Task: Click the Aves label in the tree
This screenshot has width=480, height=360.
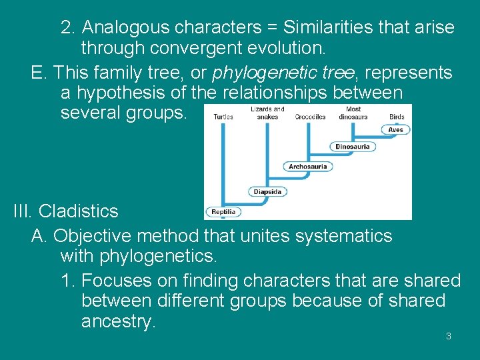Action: (396, 130)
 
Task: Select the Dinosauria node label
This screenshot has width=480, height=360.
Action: (352, 147)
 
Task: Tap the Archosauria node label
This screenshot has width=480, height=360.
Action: (307, 167)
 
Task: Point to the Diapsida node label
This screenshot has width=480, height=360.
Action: (267, 192)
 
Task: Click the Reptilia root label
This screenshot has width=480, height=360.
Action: (223, 212)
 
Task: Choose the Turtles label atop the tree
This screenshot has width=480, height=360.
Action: (223, 117)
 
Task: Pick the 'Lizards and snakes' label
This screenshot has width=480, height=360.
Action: (267, 113)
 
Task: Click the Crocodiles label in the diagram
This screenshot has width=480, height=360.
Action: (310, 117)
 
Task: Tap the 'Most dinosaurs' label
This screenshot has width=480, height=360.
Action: (353, 113)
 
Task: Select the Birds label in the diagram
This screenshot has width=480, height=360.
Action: (397, 117)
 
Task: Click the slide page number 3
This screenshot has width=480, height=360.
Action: (448, 336)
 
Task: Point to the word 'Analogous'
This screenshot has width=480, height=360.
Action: (126, 27)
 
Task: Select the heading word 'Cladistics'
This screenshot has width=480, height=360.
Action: (78, 211)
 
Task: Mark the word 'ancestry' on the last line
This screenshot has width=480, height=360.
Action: (118, 321)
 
